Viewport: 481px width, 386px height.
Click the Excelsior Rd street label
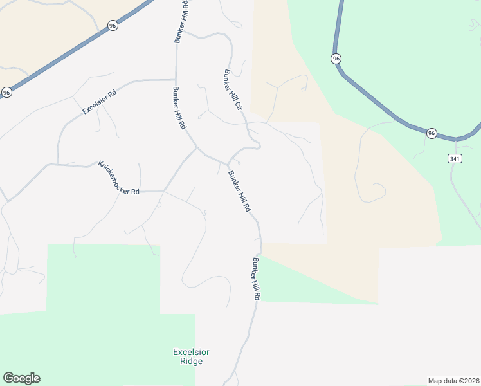coord(99,102)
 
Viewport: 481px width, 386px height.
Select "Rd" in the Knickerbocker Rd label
coord(135,192)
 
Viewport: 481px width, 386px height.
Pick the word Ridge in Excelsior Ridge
coord(192,361)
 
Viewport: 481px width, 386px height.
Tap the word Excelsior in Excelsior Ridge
coord(192,352)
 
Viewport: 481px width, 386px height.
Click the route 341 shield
coord(455,158)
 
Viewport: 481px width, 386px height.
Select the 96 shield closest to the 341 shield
coord(431,133)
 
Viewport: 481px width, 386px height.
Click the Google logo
coord(21,378)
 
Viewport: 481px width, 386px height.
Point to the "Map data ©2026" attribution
coord(453,380)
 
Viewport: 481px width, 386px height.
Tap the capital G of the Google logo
coord(8,378)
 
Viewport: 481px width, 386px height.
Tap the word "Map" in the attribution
coord(435,380)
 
